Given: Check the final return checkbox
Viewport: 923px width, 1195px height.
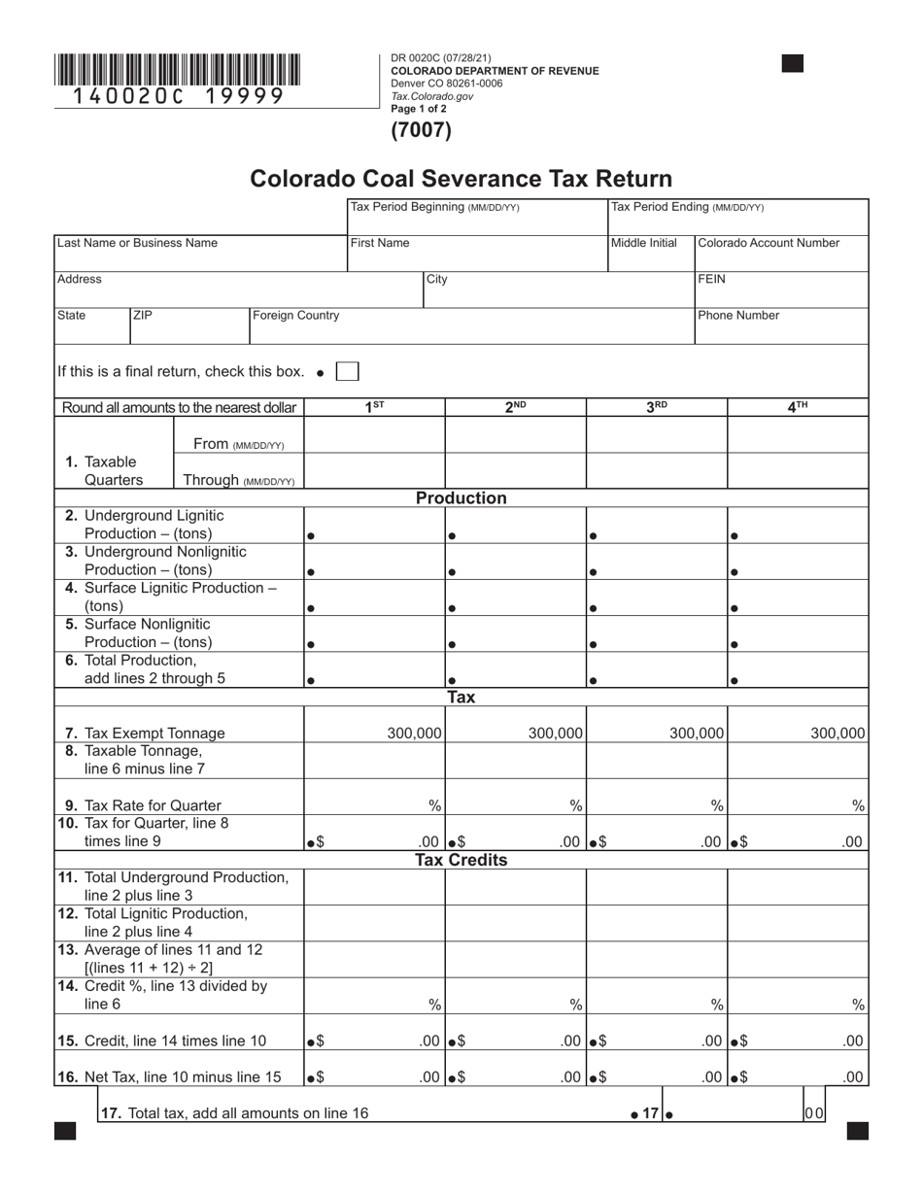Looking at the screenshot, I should tap(347, 371).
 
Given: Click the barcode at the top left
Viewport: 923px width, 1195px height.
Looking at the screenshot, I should tap(177, 70).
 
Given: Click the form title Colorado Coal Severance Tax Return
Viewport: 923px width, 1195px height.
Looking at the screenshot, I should tap(461, 179).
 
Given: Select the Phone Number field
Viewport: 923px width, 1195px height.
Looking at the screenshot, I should tap(780, 326).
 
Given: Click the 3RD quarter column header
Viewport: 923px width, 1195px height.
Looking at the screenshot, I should tap(657, 408).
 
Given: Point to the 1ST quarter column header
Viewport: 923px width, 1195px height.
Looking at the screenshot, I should tap(374, 408).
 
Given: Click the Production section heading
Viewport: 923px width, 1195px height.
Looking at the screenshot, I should tap(461, 498).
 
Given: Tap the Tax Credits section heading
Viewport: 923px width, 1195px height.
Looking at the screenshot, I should tap(461, 860).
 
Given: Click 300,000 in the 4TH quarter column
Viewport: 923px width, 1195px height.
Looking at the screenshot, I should tap(838, 734).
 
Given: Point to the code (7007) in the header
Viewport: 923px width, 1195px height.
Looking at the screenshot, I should tap(421, 130).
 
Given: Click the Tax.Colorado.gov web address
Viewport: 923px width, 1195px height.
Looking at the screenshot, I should tap(432, 96).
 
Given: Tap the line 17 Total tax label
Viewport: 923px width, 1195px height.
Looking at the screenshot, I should tap(234, 1113).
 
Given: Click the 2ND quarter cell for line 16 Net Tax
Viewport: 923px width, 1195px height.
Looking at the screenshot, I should tap(516, 1076).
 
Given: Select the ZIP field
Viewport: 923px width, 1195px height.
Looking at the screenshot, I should tap(189, 326).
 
